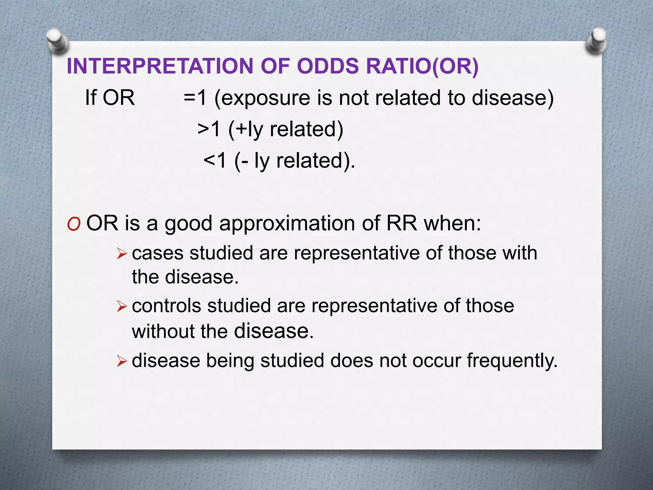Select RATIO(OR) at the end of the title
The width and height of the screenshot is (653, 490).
[x=422, y=66]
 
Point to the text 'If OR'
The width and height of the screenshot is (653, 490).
[x=110, y=98]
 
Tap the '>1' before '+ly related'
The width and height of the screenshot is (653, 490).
[x=209, y=129]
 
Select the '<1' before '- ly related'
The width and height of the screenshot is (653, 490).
[x=215, y=160]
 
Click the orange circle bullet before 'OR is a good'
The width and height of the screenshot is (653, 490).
[x=74, y=225]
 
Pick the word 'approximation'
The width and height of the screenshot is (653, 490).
[x=287, y=223]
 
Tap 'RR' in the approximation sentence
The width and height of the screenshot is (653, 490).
[x=401, y=223]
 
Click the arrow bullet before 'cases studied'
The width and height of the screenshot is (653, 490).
[x=122, y=254]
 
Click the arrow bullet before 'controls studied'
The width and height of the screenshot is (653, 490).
[x=122, y=307]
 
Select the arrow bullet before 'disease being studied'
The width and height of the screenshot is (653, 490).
[x=122, y=362]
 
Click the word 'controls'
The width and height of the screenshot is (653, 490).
[x=166, y=306]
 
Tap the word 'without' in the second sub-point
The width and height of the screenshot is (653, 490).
[x=163, y=331]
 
